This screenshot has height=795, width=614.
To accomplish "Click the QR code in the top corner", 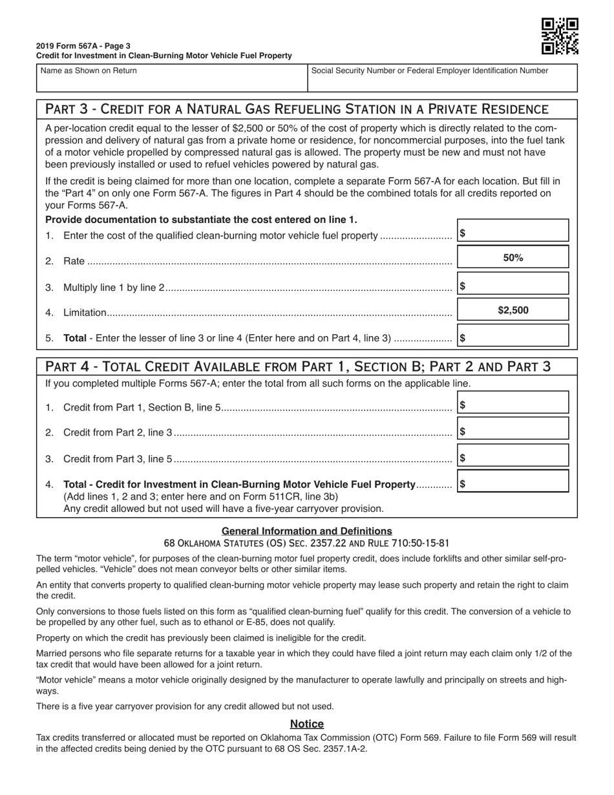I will coord(559,36).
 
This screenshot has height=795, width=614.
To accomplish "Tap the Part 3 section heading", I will coord(297,109).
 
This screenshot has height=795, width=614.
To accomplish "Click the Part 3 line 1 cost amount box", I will coord(513,231).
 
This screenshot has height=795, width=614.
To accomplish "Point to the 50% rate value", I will coord(513,257).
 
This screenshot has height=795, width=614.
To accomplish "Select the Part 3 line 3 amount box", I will coord(513,284).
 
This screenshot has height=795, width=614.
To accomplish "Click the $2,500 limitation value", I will coord(513,310).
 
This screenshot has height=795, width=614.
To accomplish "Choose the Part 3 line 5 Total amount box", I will coord(513,336).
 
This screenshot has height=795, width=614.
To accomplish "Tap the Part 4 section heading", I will coord(298,366).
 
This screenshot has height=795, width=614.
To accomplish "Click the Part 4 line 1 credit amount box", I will coord(513,403).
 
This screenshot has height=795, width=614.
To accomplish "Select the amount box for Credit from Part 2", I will coord(513,429).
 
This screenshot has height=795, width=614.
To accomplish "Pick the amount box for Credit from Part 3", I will coord(513,456).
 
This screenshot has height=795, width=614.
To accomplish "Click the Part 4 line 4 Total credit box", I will coord(513,482).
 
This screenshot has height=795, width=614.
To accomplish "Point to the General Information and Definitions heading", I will coord(306,531).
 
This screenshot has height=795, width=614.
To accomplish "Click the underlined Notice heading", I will coord(306,724).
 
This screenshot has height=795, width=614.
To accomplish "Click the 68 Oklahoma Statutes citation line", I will coord(306,544).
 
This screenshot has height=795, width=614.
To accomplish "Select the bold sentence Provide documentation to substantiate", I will coord(201,220).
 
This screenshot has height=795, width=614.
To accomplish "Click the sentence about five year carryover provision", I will coord(185,706).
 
